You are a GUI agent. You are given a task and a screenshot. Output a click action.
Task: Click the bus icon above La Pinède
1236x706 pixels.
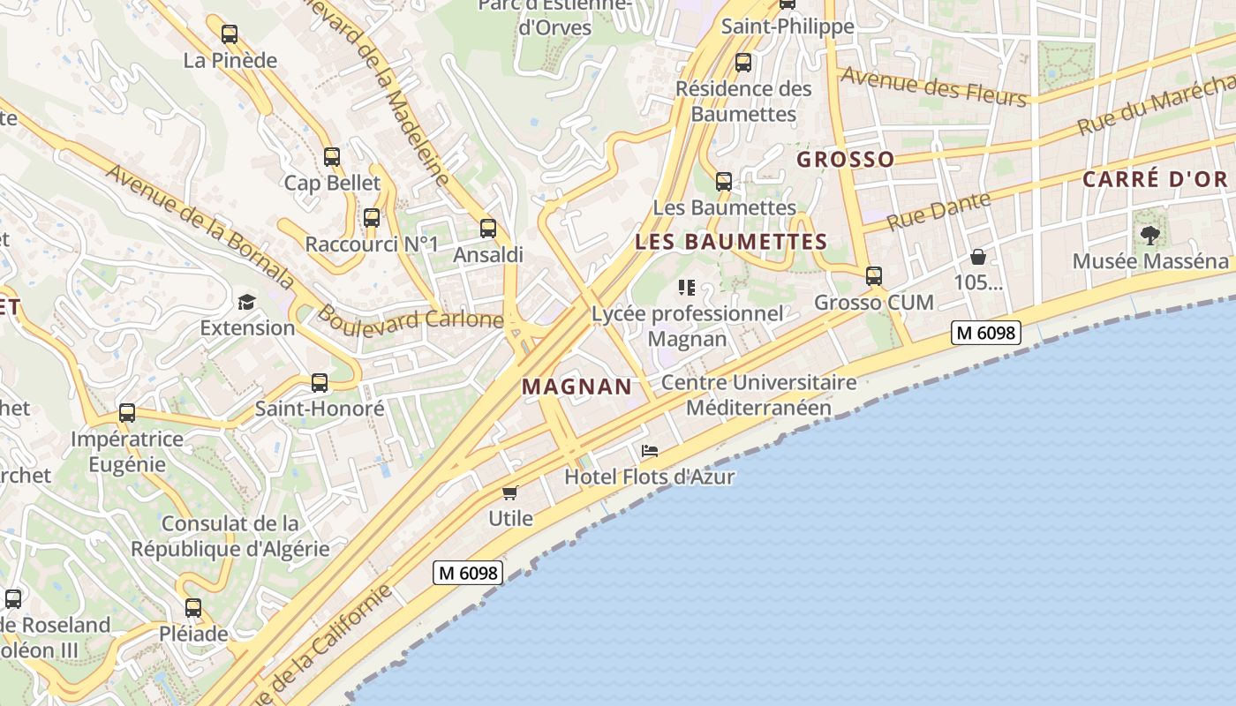[230, 34]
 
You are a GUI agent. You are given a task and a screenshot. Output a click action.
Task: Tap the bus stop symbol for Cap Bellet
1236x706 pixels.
[332, 157]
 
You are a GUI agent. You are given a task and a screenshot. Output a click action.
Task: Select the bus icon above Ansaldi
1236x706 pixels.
[488, 229]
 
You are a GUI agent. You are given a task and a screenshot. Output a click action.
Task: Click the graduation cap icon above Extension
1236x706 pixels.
[246, 302]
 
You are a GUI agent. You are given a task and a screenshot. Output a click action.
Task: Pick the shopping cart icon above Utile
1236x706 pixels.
[509, 492]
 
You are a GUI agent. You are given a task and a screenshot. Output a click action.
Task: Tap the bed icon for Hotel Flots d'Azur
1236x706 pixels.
[650, 451]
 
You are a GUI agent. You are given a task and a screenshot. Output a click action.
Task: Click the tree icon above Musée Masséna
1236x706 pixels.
[1149, 235]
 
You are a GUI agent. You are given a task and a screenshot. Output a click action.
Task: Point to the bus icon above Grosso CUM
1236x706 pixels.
[874, 276]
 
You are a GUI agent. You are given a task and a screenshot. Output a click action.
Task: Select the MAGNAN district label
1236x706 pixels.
[577, 387]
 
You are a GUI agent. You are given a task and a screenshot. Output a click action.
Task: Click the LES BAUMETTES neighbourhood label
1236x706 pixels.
[731, 242]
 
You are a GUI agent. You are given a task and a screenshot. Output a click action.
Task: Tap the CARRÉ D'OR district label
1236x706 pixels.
[1155, 179]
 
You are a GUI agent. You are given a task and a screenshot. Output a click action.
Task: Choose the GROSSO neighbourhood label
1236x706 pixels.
[846, 160]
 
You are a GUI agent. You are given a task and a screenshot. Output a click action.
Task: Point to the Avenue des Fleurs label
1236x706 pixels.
[934, 86]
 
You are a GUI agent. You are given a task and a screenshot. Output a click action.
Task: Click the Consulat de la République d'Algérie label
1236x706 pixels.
[230, 536]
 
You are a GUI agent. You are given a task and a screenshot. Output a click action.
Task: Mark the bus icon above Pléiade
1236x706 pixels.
[193, 608]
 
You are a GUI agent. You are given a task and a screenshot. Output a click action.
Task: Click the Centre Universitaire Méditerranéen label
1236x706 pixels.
[758, 394]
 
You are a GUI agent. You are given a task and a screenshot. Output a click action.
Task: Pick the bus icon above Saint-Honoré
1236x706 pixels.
[320, 383]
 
